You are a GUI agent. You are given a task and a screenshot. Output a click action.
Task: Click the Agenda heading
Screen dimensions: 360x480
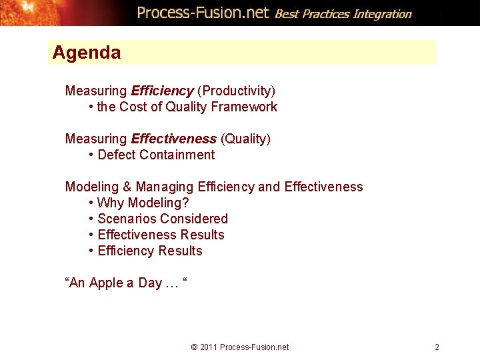tap(87, 53)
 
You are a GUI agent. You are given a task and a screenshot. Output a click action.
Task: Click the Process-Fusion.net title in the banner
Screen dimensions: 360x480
tap(203, 13)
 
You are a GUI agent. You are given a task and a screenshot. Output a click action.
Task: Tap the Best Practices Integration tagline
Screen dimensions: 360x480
tap(343, 13)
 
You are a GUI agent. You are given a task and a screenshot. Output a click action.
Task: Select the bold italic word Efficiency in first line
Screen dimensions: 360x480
tap(162, 91)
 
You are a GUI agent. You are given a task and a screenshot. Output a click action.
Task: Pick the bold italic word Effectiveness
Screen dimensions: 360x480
tap(173, 139)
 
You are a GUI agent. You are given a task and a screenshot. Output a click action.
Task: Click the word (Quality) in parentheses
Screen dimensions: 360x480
tap(245, 139)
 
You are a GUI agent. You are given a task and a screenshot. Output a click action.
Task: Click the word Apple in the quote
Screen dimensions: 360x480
tap(106, 283)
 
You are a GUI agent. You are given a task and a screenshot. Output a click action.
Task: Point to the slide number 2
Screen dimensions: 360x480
tap(437, 347)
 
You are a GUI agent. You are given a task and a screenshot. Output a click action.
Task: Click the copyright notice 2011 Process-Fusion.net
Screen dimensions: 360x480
tap(240, 347)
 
